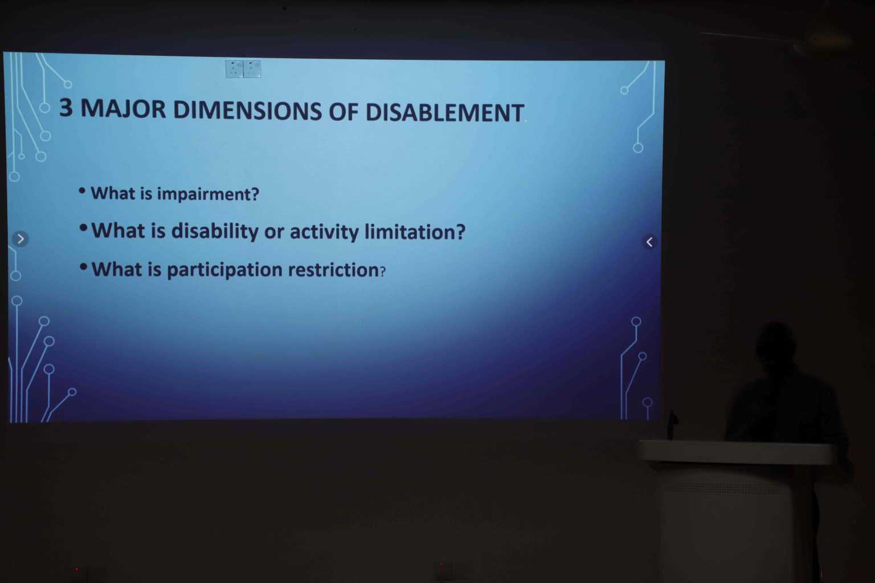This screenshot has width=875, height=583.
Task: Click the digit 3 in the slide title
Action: (x=66, y=107)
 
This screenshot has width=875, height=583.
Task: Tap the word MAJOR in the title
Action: (x=123, y=109)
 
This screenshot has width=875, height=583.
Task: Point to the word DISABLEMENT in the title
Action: (x=444, y=113)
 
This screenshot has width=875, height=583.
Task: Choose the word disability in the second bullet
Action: (x=215, y=231)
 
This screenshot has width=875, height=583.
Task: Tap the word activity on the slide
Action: (x=324, y=232)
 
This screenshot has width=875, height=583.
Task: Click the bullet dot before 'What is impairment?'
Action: (x=82, y=191)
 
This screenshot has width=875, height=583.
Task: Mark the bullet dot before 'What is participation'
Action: (x=83, y=266)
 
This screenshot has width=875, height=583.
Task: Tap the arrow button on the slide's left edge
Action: (x=21, y=239)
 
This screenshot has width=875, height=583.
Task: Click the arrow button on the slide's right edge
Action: (x=649, y=242)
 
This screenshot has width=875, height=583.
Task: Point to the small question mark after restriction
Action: (x=383, y=271)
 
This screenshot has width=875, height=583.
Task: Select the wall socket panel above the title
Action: (x=243, y=69)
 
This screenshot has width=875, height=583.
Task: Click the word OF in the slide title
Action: (x=343, y=112)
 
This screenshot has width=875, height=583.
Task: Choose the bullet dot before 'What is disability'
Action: (x=83, y=228)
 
